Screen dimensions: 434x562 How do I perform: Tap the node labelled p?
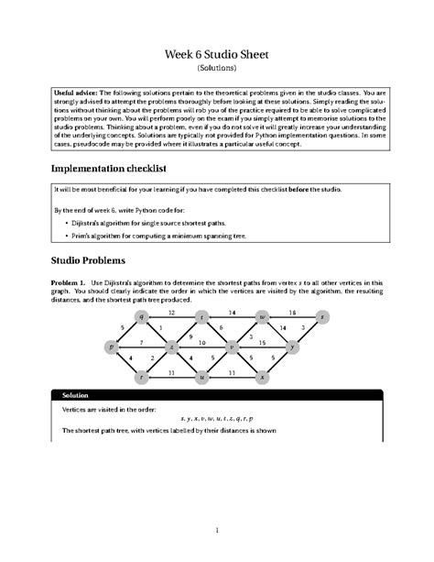click(112, 347)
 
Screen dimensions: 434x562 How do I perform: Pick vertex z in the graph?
click(171, 347)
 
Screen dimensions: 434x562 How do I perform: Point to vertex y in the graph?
click(292, 347)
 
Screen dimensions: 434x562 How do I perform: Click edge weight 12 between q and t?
click(171, 312)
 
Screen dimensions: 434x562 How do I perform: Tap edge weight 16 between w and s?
click(292, 312)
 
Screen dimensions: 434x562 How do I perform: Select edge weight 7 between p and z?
click(141, 343)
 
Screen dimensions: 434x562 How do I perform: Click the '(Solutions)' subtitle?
click(217, 68)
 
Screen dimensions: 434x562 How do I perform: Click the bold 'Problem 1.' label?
click(70, 282)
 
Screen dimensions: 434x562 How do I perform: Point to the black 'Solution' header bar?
click(217, 395)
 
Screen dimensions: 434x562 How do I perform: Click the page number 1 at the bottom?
click(217, 530)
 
